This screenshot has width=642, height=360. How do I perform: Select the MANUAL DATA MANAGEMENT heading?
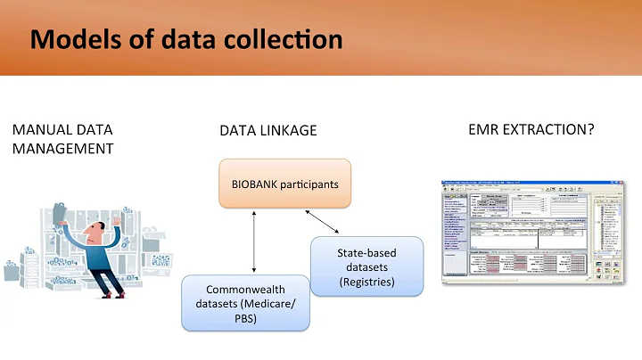tap(62, 139)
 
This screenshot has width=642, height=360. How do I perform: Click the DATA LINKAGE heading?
tap(267, 131)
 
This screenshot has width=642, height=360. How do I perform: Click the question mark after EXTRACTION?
tap(590, 130)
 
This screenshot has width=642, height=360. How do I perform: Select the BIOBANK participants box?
tap(285, 184)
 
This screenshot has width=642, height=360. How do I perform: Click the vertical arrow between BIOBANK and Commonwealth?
tap(255, 241)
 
